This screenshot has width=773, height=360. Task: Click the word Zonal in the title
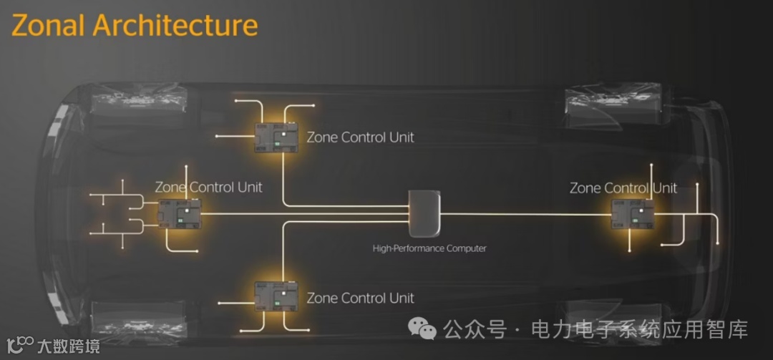tap(49, 26)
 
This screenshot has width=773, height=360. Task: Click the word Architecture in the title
tap(175, 26)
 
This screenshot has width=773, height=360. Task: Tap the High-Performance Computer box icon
tap(423, 213)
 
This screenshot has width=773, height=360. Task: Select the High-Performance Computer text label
tap(429, 248)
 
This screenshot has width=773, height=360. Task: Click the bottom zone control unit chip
tap(276, 296)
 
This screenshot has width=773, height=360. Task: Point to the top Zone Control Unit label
tap(360, 137)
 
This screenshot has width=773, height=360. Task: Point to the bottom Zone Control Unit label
tap(360, 298)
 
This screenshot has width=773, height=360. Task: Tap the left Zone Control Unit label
tap(208, 188)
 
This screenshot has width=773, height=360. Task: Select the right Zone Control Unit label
tap(623, 188)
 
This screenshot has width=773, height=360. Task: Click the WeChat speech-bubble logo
tap(422, 329)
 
